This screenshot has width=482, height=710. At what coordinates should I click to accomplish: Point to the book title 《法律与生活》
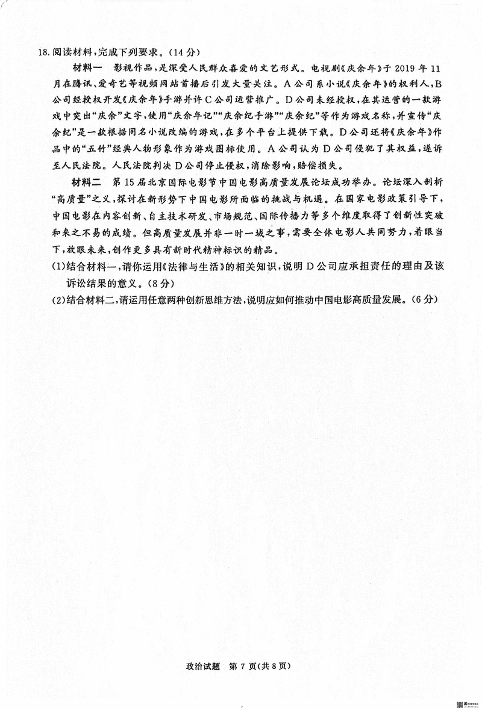[172, 266]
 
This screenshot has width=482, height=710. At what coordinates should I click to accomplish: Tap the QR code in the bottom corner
[460, 704]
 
